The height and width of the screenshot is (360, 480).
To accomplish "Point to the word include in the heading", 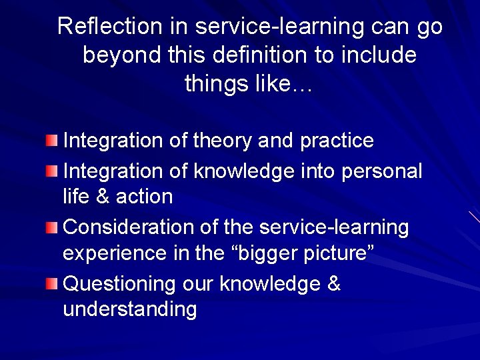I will tap(378, 55).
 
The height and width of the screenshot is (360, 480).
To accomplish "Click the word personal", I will tap(381, 171).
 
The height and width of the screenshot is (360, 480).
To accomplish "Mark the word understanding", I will tap(130, 309).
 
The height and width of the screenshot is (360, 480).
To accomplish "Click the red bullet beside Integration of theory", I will tap(52, 140).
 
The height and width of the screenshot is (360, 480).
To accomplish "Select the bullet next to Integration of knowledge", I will tap(52, 171).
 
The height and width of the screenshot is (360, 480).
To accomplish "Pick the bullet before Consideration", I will tap(52, 227).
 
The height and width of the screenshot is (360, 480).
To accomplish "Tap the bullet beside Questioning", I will tap(52, 283).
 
